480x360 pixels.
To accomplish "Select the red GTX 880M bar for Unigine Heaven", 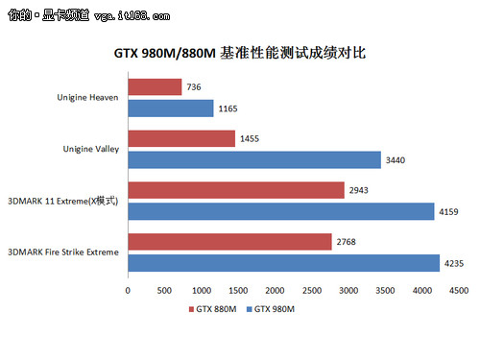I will click(x=155, y=87).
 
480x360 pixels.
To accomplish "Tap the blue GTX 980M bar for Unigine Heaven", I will click(x=171, y=108).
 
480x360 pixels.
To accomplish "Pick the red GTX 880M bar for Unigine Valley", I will click(x=181, y=139).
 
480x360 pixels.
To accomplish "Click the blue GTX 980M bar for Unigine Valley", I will click(x=254, y=159).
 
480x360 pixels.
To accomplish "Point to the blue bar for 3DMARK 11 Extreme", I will click(x=280, y=210).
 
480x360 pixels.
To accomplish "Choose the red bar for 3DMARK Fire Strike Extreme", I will click(x=229, y=241).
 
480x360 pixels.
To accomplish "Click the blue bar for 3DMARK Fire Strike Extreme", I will click(x=283, y=261).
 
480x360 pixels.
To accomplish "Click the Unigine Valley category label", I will click(x=87, y=149).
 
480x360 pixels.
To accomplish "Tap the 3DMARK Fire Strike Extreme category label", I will click(x=63, y=252).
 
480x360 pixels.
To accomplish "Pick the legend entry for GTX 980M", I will click(x=271, y=309).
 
